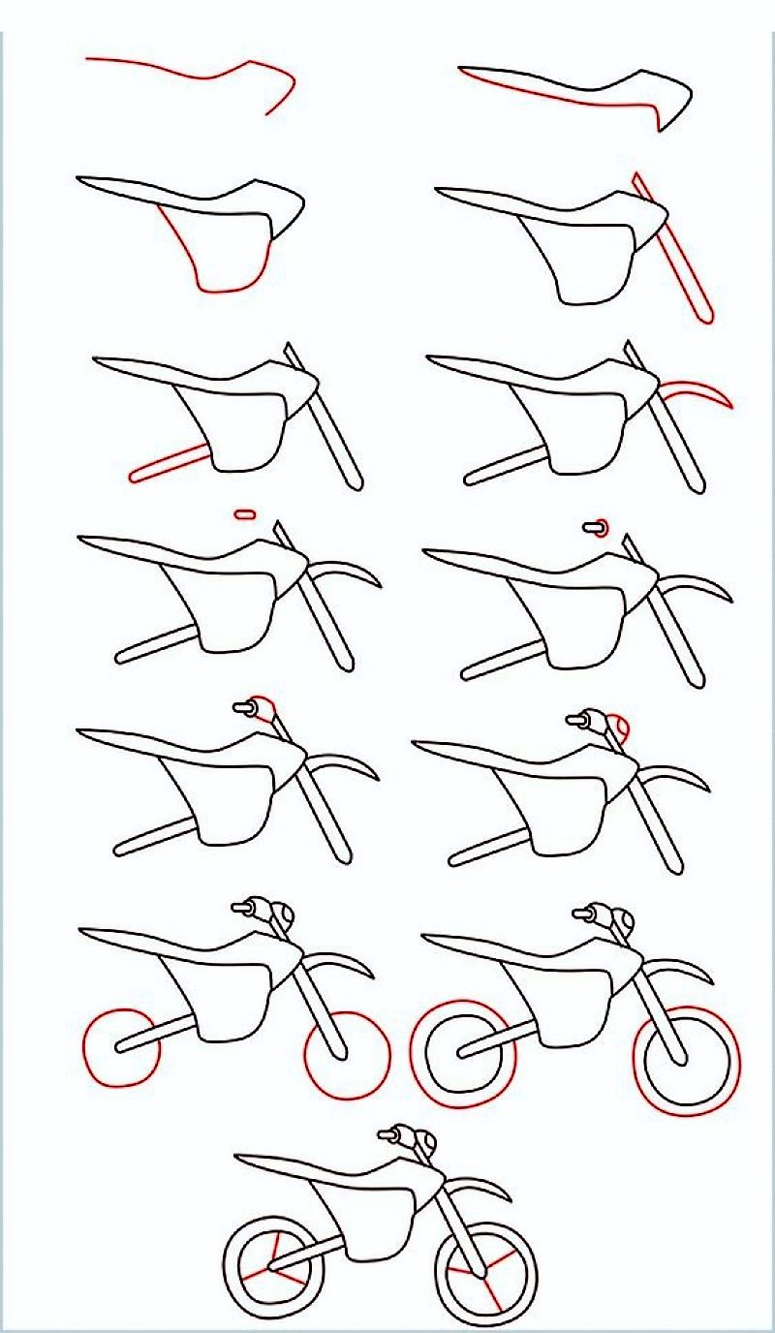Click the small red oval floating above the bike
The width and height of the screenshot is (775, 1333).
tap(243, 513)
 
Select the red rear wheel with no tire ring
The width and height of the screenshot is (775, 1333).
tap(120, 1046)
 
